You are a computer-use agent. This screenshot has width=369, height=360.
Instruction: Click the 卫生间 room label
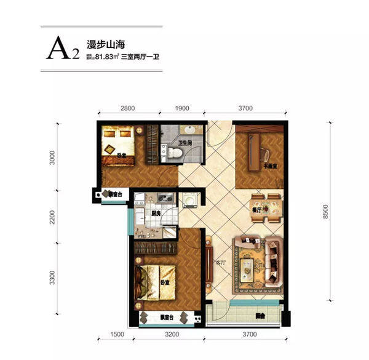186,143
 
